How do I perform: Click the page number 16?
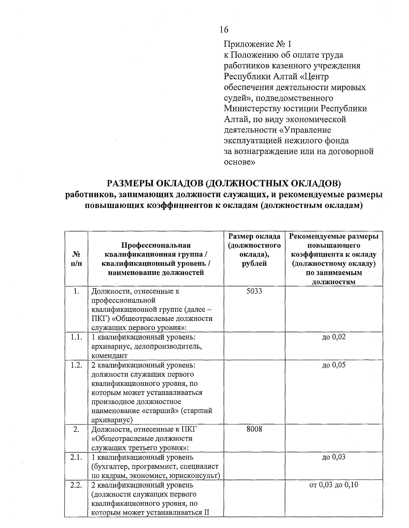tap(224, 30)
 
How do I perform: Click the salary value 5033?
tap(254, 291)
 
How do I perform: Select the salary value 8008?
tap(254, 429)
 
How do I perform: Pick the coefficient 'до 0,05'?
tap(334, 365)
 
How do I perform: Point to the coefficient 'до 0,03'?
tap(334, 457)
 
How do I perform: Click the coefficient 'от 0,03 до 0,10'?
tap(334, 484)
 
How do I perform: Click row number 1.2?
tap(76, 365)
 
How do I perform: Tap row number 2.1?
tap(76, 457)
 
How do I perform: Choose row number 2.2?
tap(76, 484)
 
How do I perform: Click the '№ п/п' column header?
tap(76, 259)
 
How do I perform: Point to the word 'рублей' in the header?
tap(254, 263)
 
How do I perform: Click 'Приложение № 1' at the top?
tap(258, 44)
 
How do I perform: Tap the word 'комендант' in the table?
tap(109, 355)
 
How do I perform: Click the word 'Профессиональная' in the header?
tap(156, 245)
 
